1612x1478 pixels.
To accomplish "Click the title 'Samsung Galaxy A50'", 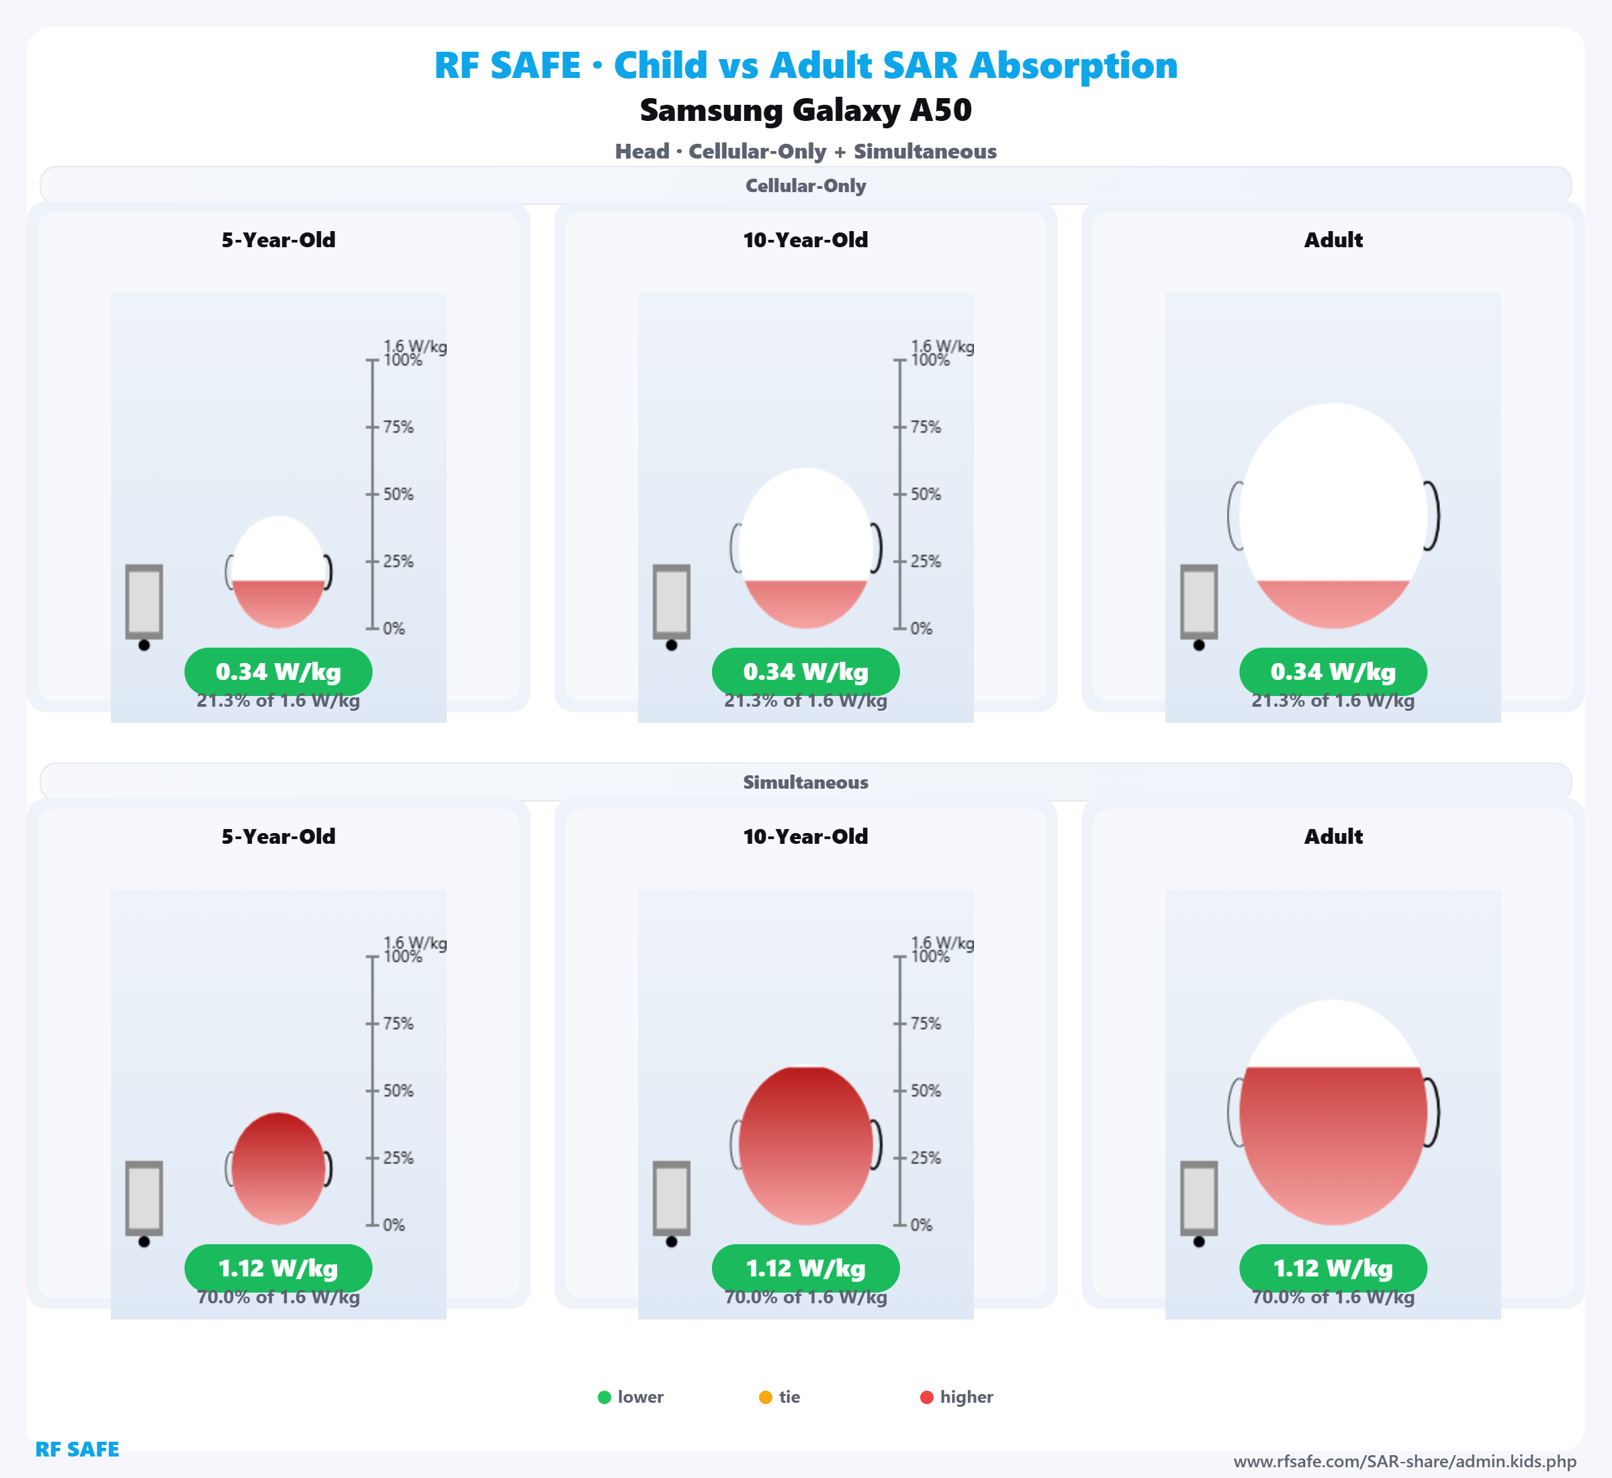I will pos(805,110).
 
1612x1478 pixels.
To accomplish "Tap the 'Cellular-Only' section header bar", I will pos(805,185).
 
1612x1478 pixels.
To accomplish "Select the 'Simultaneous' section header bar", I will pos(805,782).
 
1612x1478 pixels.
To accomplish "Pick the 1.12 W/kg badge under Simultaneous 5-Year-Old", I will pos(278,1268).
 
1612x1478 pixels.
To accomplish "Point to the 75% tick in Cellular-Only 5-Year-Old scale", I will pos(373,427).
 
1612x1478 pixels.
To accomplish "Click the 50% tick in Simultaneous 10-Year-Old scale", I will pos(899,1091).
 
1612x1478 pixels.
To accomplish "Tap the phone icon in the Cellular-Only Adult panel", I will pos(1199,602).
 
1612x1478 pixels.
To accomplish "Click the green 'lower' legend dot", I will pos(604,1397).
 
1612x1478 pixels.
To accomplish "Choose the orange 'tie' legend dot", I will pos(765,1397).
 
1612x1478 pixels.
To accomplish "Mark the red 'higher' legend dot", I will pos(927,1397).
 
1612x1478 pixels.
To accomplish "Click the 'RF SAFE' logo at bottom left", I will pos(77,1449).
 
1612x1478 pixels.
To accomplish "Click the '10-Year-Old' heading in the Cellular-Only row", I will pos(805,240).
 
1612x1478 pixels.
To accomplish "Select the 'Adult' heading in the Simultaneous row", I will pos(1333,836).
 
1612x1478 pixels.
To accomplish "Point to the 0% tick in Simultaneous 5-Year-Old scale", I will pos(373,1225).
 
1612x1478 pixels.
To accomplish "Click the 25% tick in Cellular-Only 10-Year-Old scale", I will pos(899,562).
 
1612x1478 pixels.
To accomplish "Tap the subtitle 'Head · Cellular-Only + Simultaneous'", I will pos(805,151).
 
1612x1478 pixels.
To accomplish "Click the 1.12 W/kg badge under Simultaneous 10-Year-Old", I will pos(805,1268).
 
